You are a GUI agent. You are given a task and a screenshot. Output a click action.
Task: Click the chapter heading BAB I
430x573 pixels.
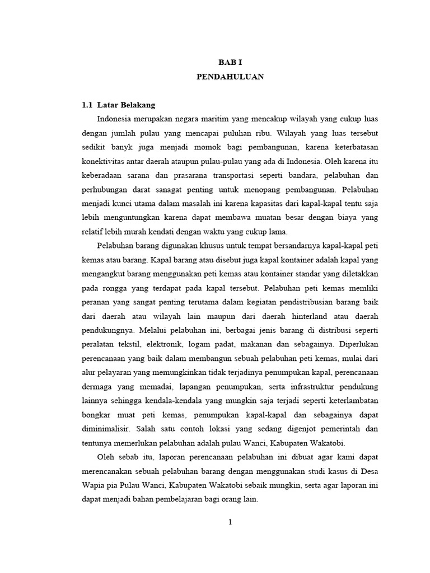(230, 63)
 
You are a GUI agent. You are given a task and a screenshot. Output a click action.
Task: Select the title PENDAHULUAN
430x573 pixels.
(230, 77)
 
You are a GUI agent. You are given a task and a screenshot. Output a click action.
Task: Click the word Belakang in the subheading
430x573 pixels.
(135, 105)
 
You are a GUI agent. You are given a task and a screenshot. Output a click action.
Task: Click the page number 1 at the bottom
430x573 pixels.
(230, 523)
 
